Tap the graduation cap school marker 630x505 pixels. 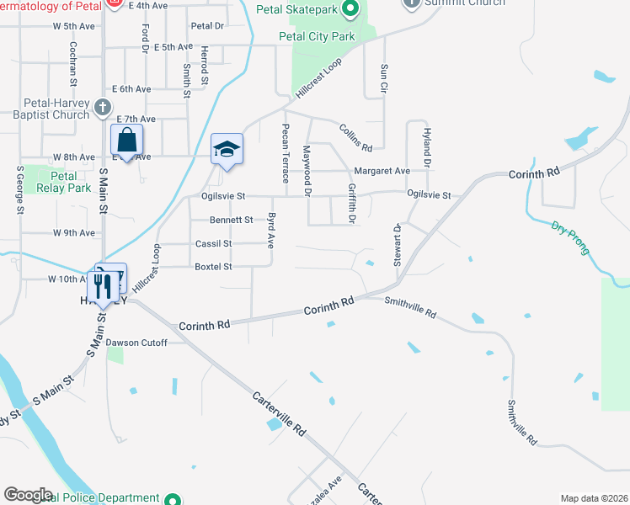226,150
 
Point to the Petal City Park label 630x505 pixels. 318,37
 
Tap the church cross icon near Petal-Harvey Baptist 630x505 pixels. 103,107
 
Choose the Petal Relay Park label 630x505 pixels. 64,182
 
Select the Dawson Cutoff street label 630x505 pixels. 136,343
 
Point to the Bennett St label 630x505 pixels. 231,221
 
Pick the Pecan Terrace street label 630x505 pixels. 285,152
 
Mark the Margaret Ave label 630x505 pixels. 382,171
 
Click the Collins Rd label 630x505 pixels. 355,137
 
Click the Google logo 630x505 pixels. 29,495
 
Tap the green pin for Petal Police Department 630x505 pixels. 173,498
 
